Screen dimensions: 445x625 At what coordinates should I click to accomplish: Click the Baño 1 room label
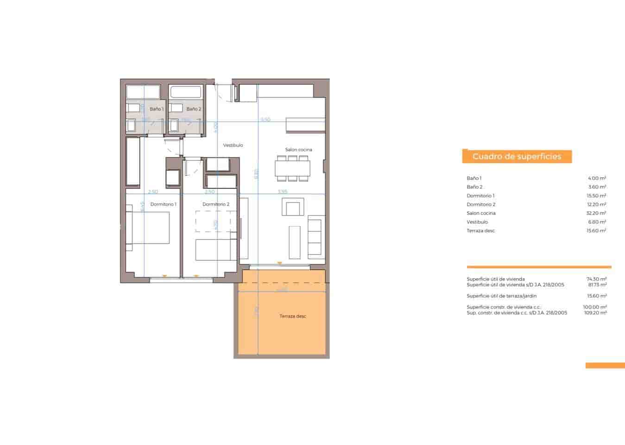(x=156, y=109)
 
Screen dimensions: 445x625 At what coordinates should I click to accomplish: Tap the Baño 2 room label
(x=194, y=109)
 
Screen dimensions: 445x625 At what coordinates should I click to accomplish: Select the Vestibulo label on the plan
(x=233, y=145)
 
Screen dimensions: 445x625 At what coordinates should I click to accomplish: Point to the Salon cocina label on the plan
(x=298, y=150)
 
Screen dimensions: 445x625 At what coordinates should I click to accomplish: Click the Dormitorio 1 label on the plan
(x=164, y=204)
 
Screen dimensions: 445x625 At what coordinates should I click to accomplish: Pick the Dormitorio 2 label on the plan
(x=216, y=204)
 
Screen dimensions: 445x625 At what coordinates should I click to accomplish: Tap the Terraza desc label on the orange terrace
(x=293, y=316)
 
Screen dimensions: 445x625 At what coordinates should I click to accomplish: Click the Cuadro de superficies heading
(x=517, y=157)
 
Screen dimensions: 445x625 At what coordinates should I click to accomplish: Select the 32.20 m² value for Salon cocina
(x=596, y=213)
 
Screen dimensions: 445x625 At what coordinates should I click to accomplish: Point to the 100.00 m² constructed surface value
(x=595, y=307)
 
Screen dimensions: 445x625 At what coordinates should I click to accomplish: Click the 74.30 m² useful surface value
(x=596, y=279)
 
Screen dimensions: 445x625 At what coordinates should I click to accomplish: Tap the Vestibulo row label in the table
(x=477, y=222)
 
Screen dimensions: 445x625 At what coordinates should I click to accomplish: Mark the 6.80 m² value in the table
(x=597, y=222)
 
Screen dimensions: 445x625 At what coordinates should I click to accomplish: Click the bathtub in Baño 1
(x=143, y=92)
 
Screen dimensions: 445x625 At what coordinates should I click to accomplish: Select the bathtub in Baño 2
(x=185, y=92)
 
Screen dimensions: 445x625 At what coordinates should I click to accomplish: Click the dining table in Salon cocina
(x=292, y=168)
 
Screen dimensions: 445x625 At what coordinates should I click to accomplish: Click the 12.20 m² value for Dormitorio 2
(x=596, y=204)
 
